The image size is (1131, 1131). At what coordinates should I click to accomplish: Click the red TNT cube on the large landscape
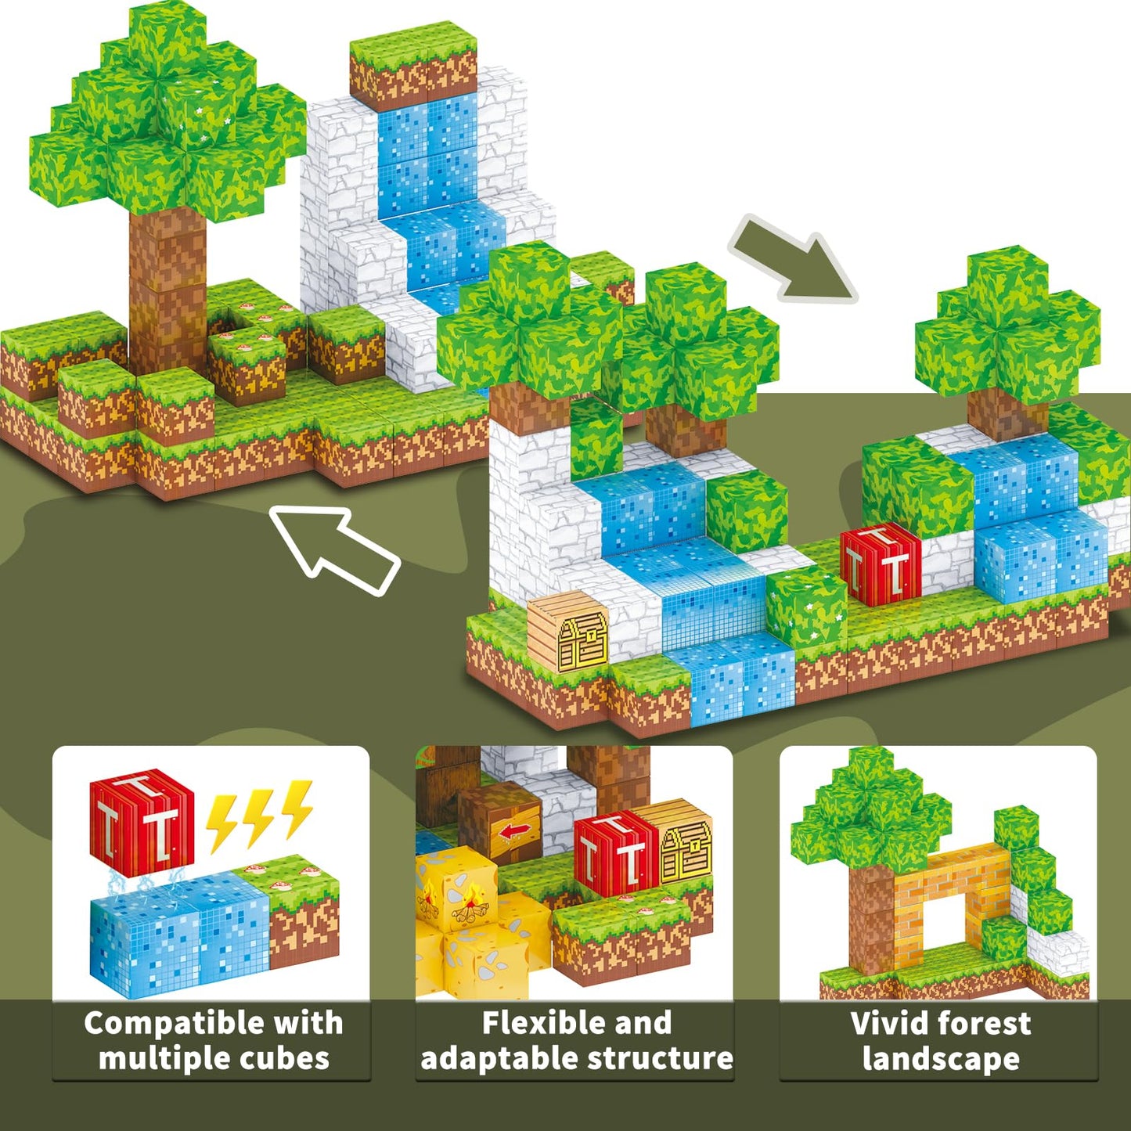(x=881, y=564)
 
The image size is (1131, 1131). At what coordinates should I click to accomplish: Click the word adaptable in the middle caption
(x=500, y=1057)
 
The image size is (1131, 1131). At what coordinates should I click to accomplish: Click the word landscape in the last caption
(x=942, y=1058)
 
